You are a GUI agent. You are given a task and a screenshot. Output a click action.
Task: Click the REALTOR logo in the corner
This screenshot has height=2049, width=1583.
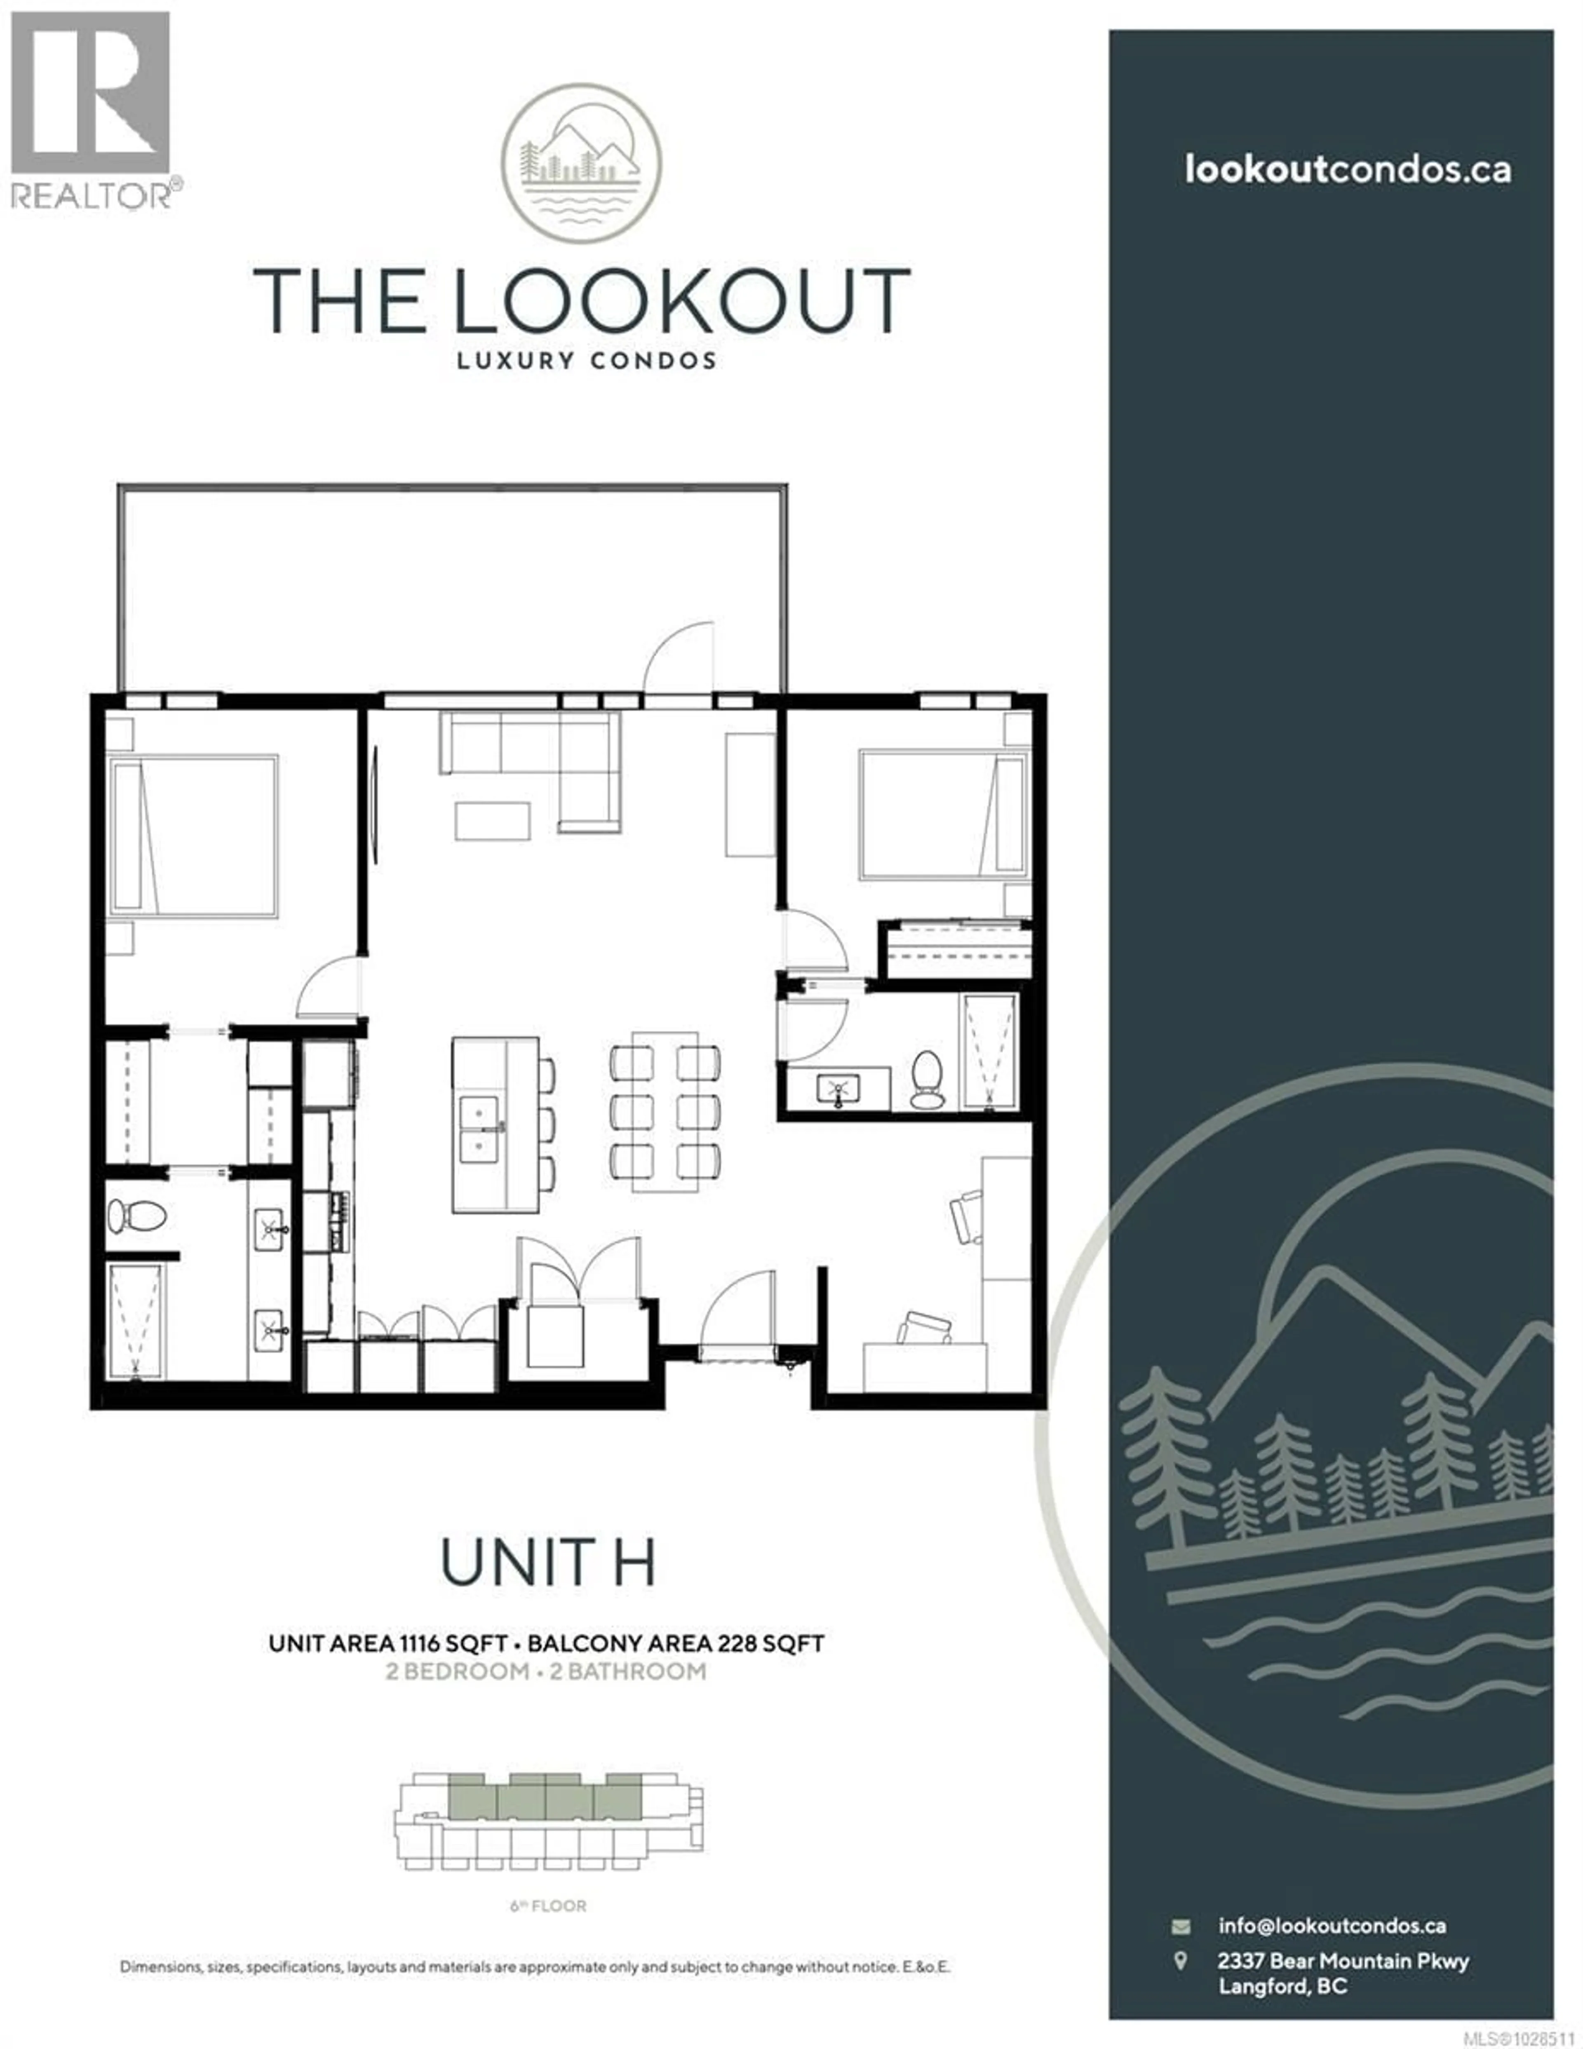click(91, 108)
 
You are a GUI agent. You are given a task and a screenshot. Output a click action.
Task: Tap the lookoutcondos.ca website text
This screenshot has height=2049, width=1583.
click(1348, 170)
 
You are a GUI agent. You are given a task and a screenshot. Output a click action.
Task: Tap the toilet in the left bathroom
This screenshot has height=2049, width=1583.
click(136, 1217)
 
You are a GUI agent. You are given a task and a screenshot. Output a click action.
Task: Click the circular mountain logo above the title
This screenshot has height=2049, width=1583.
click(581, 164)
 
